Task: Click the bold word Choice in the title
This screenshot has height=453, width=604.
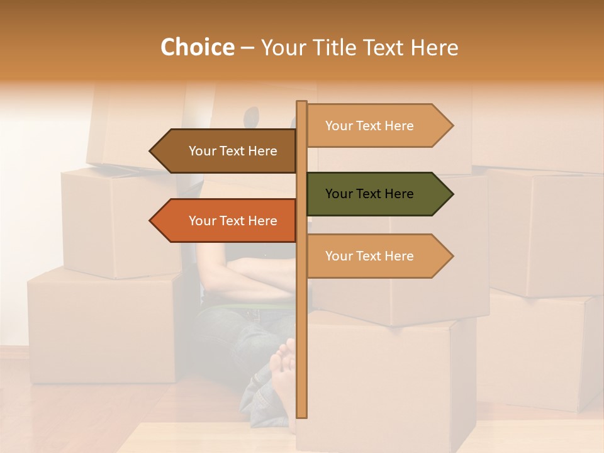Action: point(197,48)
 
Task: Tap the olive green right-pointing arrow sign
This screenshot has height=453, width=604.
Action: point(377,194)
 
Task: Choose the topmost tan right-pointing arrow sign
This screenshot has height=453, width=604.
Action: point(377,126)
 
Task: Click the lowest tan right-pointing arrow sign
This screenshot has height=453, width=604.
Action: point(377,256)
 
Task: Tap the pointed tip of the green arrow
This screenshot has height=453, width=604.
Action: point(451,194)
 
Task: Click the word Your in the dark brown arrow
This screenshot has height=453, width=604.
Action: point(202,151)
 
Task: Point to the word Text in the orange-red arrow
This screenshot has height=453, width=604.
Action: point(233,221)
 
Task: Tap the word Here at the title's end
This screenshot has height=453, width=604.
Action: point(434,48)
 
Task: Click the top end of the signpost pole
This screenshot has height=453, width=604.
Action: point(302,103)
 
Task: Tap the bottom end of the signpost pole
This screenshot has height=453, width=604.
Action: point(302,415)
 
